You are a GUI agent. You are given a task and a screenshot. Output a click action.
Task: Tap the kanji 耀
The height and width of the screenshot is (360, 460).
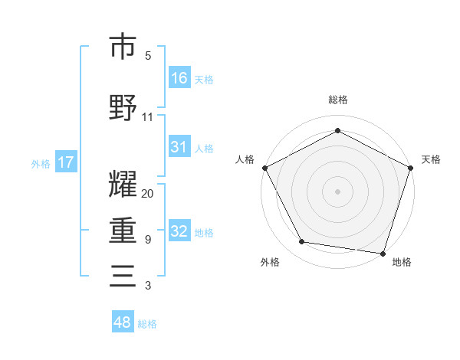tap(123, 185)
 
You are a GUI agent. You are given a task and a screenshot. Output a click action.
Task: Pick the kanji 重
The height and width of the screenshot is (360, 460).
tap(123, 230)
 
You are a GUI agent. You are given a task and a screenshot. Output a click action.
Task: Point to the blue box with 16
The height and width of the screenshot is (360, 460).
tap(179, 77)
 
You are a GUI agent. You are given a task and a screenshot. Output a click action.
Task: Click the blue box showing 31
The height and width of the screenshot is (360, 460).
tap(179, 147)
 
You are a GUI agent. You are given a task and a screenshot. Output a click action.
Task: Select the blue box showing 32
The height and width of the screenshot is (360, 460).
tap(179, 231)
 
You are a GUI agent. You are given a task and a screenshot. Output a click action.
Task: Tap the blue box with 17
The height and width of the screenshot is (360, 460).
tap(65, 162)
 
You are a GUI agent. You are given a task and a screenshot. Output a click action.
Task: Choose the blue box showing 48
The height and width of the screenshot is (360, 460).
tap(123, 322)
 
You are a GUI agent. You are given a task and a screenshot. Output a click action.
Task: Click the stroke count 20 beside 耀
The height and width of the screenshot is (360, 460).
tap(148, 193)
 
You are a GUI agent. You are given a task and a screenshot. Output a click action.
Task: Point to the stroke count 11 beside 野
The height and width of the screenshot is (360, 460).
tap(148, 116)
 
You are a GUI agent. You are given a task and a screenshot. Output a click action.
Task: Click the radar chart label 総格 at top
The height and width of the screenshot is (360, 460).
tap(338, 100)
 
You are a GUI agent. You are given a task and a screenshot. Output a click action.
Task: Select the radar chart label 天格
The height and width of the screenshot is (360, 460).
tap(431, 159)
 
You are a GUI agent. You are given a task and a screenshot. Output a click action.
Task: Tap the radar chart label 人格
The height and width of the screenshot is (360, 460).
tap(245, 159)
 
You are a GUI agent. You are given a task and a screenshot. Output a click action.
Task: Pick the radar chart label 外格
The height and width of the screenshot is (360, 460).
tap(270, 262)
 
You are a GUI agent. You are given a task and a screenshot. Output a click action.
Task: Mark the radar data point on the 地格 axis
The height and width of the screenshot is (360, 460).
tap(383, 252)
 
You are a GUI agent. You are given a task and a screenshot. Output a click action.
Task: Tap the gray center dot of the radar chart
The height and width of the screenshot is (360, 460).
tap(338, 191)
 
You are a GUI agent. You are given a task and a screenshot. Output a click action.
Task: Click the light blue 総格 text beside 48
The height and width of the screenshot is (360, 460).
tap(147, 324)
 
